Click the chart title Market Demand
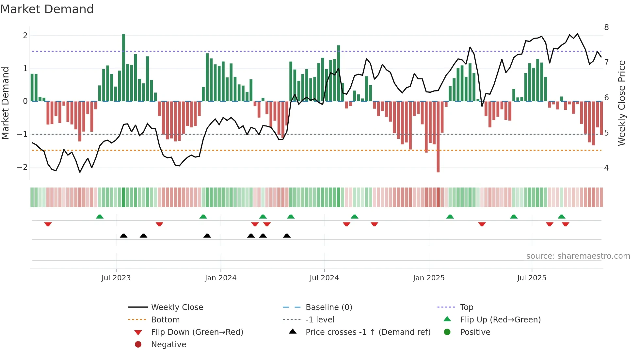click(x=47, y=9)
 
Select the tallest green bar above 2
click(x=123, y=67)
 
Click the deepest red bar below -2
click(x=438, y=137)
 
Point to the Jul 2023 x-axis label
click(x=116, y=278)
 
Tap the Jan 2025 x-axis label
click(x=429, y=278)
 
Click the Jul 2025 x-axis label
click(x=532, y=278)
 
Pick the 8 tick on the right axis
click(x=606, y=27)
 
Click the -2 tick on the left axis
click(x=22, y=167)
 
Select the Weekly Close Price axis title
click(x=622, y=103)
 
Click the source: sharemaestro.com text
click(x=578, y=256)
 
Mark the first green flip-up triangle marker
click(x=100, y=217)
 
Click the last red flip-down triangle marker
click(x=566, y=224)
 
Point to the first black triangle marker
click(x=123, y=236)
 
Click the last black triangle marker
click(x=287, y=236)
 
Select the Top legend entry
click(x=466, y=307)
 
